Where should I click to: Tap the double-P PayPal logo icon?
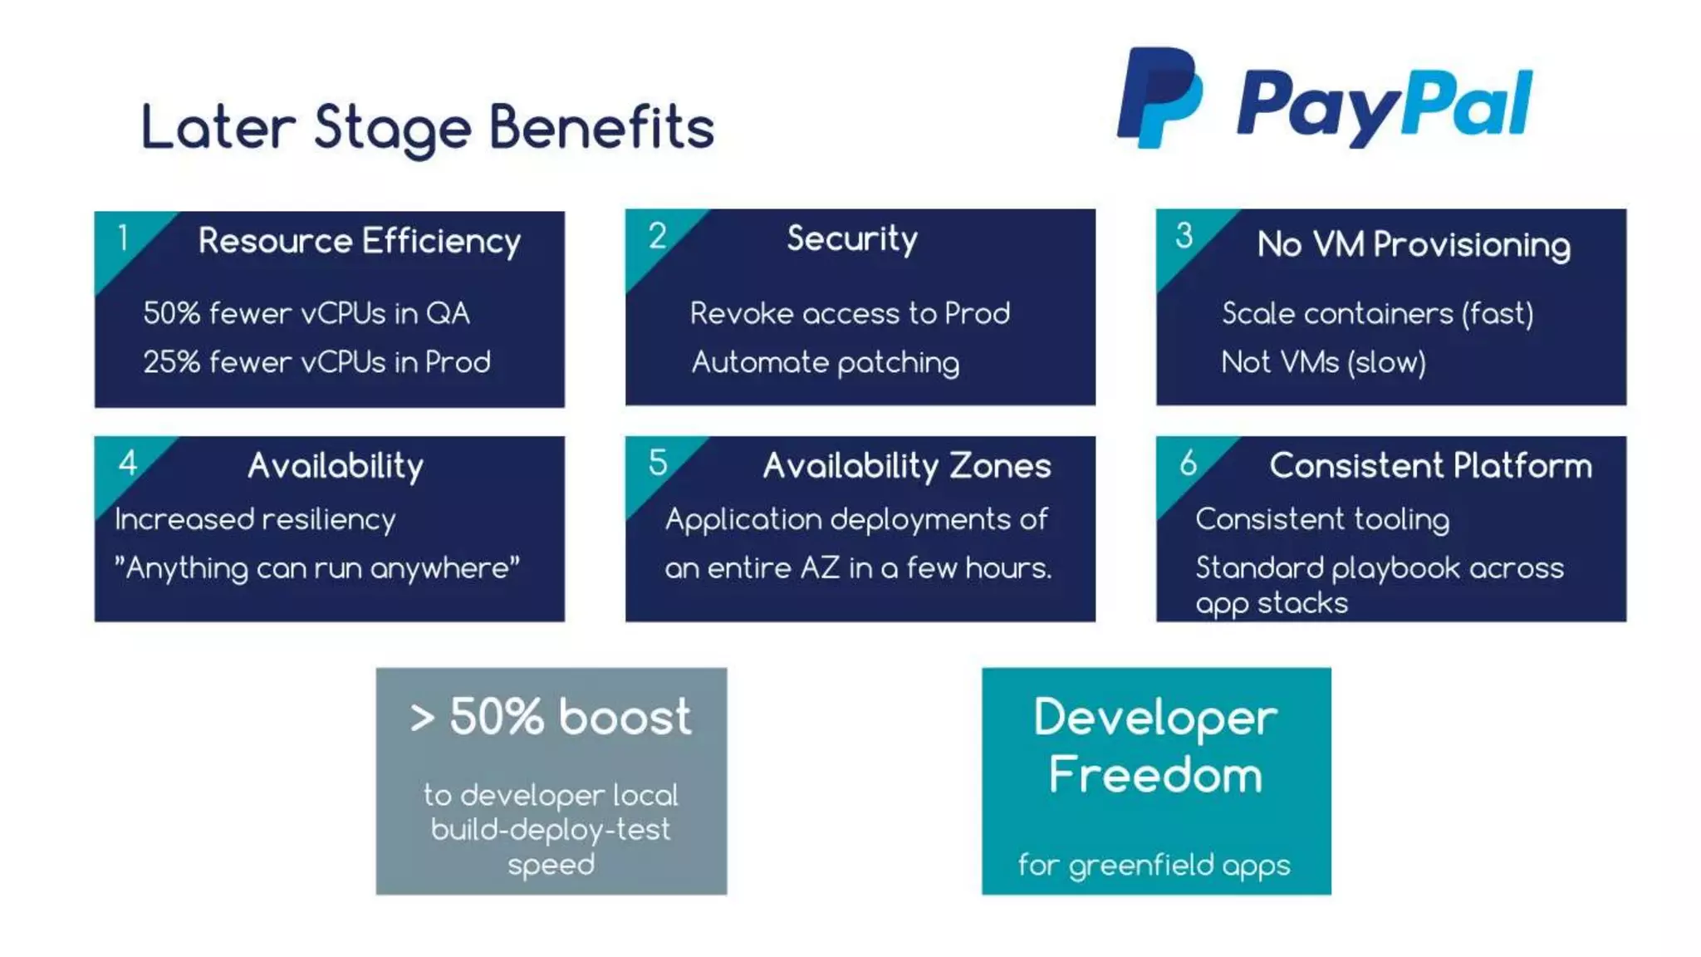pos(1159,97)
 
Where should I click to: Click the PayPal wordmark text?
pos(1384,106)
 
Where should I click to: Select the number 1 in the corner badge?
pos(123,238)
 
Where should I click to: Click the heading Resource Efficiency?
pos(359,241)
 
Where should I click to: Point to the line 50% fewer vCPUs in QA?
pos(306,313)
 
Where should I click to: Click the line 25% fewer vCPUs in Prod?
pos(316,362)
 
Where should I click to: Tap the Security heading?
pos(852,239)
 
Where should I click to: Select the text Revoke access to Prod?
pos(850,313)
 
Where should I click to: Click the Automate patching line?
pos(826,362)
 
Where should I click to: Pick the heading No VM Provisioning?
pos(1414,245)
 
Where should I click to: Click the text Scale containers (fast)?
pos(1377,313)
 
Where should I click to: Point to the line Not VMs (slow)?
pos(1323,362)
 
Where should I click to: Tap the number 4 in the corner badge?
pos(127,463)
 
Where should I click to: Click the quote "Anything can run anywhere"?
pos(317,568)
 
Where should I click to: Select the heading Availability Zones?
pos(907,466)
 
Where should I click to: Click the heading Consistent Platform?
pos(1430,466)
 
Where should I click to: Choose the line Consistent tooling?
pos(1322,519)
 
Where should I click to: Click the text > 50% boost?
pos(551,716)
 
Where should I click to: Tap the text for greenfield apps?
pos(1154,866)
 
